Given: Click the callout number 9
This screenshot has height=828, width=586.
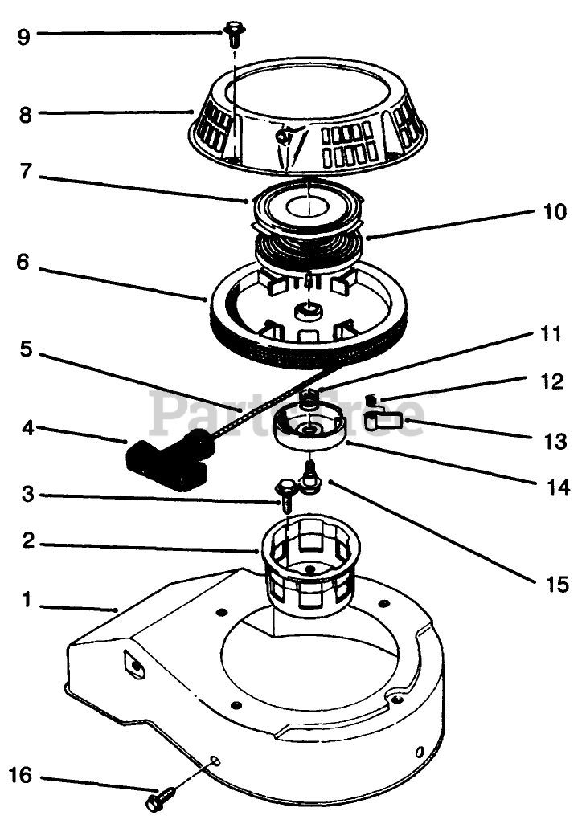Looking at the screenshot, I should click(x=24, y=35).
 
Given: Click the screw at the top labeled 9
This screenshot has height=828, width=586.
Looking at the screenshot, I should click(x=234, y=32).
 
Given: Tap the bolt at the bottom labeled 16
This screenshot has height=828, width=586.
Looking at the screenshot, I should click(x=162, y=800).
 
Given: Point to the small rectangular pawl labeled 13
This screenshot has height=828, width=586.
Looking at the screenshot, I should click(x=383, y=418).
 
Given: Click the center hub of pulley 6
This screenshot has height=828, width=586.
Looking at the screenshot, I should click(x=306, y=310).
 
